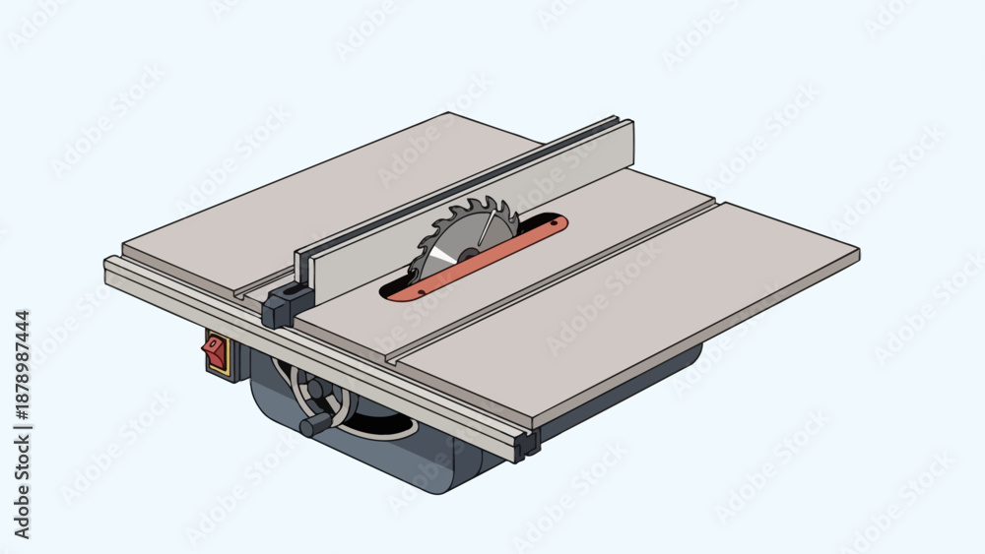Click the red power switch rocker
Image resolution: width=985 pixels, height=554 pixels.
[214, 352]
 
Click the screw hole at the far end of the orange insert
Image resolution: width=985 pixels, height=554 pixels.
[553, 221]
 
